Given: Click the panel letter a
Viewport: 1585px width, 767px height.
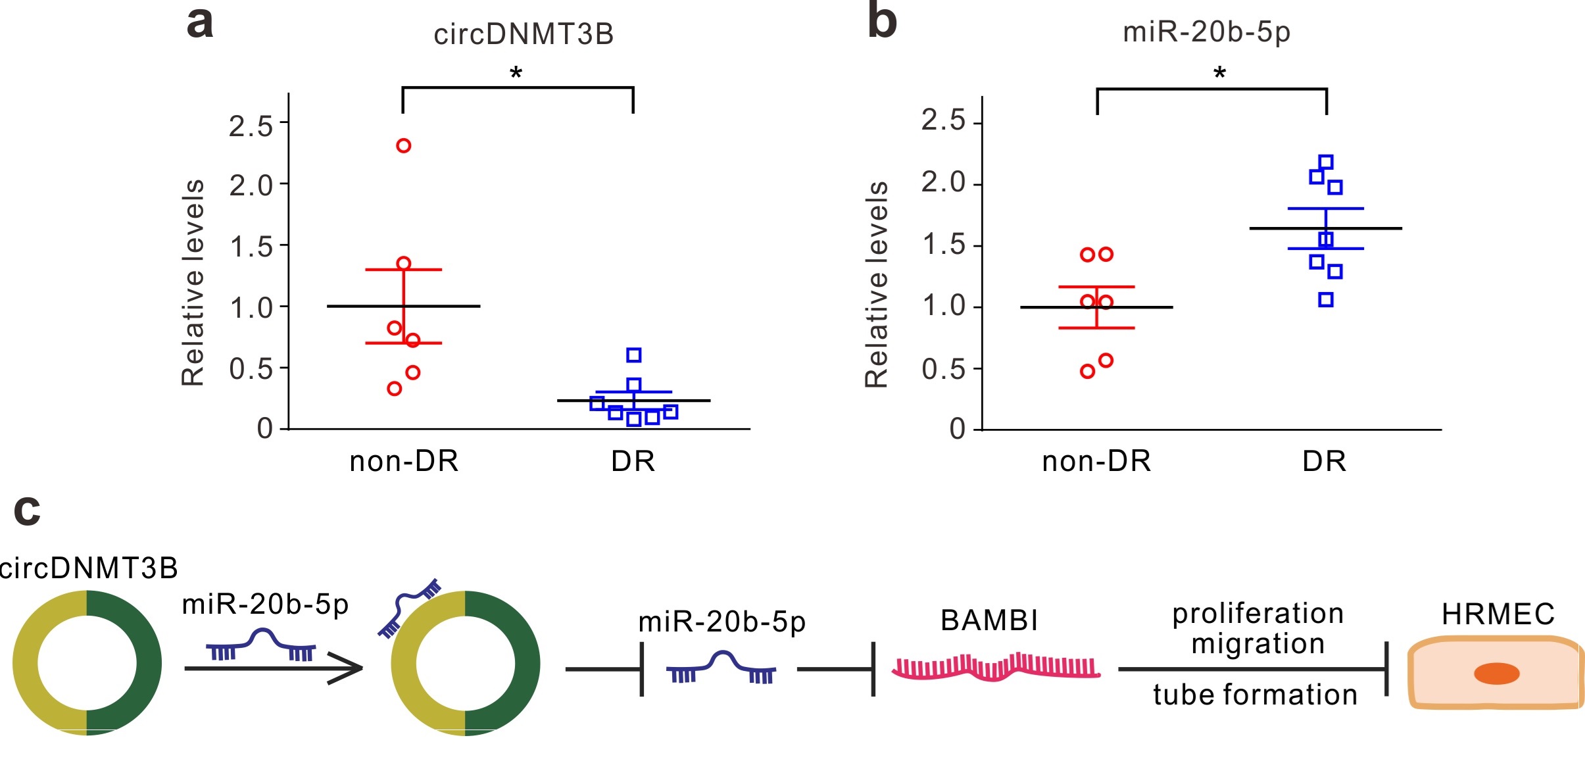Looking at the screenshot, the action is pyautogui.click(x=200, y=22).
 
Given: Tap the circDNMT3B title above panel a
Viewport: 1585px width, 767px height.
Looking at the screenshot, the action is pyautogui.click(x=524, y=34).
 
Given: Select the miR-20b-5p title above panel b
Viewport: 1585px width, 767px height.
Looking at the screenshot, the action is pyautogui.click(x=1206, y=32).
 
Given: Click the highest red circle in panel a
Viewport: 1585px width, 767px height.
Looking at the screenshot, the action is pyautogui.click(x=404, y=145).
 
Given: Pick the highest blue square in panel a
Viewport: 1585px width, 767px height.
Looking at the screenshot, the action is pyautogui.click(x=634, y=355).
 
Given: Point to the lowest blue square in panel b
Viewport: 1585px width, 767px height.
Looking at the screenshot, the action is pyautogui.click(x=1326, y=300).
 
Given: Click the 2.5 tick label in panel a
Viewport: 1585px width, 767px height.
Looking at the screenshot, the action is pyautogui.click(x=251, y=126).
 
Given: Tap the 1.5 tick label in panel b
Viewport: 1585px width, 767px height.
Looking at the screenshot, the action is pyautogui.click(x=943, y=245).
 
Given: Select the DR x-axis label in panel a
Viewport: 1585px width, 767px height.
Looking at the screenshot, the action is pyautogui.click(x=633, y=461).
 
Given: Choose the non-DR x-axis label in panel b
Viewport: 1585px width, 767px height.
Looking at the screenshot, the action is pyautogui.click(x=1096, y=461).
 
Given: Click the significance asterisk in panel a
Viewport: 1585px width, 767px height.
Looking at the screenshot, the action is pyautogui.click(x=516, y=73).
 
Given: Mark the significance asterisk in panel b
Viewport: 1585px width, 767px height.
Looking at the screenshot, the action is pyautogui.click(x=1220, y=73).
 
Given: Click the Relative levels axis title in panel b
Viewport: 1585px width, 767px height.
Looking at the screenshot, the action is pyautogui.click(x=877, y=284).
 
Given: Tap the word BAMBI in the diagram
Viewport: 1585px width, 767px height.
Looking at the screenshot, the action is pyautogui.click(x=989, y=620).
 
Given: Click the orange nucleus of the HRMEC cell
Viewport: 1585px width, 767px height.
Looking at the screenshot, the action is pyautogui.click(x=1496, y=674).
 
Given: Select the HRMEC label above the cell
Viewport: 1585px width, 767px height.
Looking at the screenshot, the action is pyautogui.click(x=1498, y=614).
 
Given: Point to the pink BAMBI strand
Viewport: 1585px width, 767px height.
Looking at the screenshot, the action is pyautogui.click(x=996, y=667).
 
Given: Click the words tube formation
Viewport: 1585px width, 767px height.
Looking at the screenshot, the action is pyautogui.click(x=1256, y=695).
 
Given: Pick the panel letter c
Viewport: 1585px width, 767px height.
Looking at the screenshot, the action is pyautogui.click(x=27, y=510).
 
